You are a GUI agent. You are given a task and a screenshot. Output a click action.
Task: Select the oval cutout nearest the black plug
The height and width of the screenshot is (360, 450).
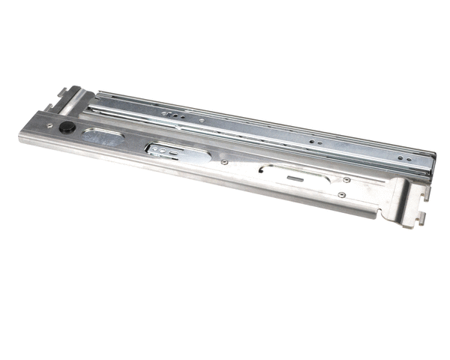103,137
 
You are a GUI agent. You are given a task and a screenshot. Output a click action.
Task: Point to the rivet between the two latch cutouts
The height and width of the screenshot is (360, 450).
223,160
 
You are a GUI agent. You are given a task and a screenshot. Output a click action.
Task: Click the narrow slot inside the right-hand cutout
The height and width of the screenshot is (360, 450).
292,178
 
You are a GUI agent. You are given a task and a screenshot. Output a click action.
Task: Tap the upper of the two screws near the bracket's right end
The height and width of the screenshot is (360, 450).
346,179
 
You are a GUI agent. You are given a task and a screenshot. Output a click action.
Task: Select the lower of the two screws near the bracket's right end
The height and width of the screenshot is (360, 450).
341,194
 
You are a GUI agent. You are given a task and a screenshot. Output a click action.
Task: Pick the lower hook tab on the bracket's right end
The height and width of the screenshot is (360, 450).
421,218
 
